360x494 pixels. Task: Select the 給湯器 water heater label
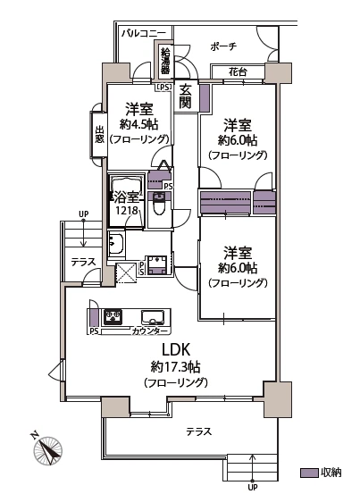[x=165, y=62]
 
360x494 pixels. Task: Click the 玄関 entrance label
[x=185, y=96]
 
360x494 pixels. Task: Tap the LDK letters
[x=175, y=349]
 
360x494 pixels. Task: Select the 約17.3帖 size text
[x=175, y=367]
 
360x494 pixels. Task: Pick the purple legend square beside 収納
[x=306, y=472]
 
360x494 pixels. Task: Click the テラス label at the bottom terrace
[x=198, y=431]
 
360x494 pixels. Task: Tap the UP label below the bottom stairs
[x=252, y=488]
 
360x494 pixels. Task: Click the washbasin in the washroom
[x=116, y=242]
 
